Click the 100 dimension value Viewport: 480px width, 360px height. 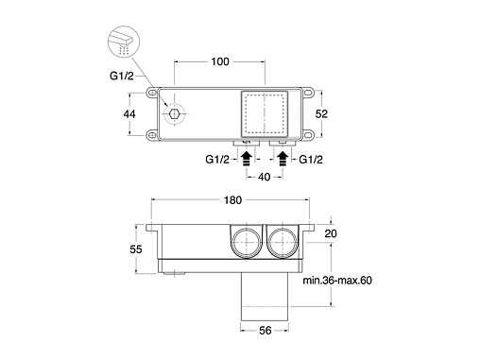[x=220, y=61]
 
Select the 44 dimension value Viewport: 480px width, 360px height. [x=129, y=113]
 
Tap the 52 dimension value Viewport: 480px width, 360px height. [x=321, y=113]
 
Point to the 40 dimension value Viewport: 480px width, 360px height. [x=264, y=177]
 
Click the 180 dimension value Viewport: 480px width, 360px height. [x=232, y=200]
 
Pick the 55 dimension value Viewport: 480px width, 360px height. [x=136, y=249]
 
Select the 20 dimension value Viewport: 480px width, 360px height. [x=331, y=233]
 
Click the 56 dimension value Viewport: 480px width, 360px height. [x=265, y=331]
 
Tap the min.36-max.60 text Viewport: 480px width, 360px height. [x=337, y=280]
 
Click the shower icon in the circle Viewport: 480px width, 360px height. [x=124, y=42]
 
